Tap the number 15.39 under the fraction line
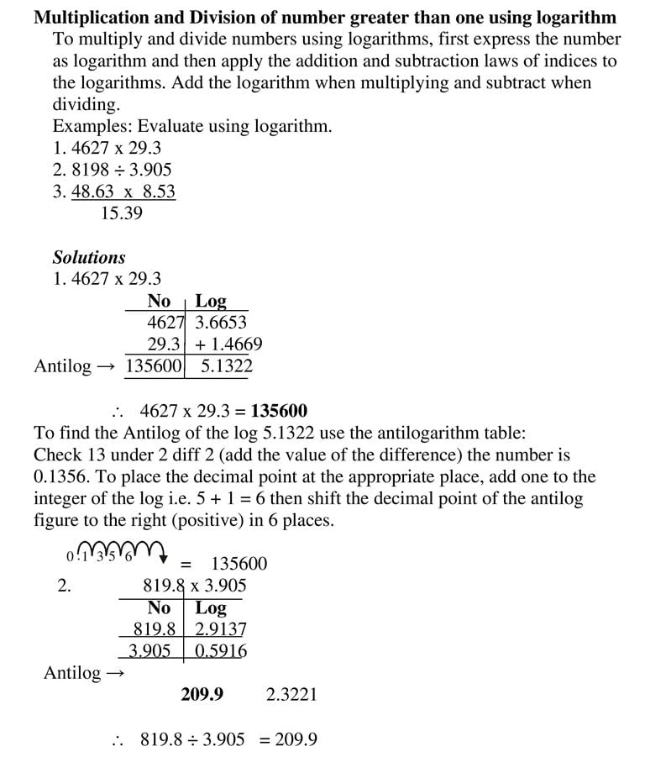121,213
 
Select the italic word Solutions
89,257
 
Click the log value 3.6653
221,322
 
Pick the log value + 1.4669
228,344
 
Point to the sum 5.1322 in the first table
226,366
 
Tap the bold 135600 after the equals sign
279,411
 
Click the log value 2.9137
221,628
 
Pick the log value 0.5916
221,650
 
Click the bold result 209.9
202,694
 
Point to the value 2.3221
291,694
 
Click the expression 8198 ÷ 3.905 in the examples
121,169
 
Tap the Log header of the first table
211,301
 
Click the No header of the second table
159,607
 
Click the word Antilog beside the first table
63,366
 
